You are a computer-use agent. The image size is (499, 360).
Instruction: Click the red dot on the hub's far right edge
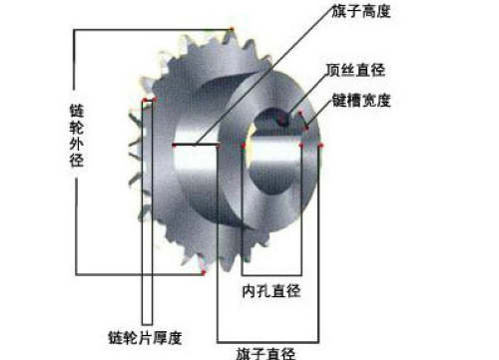pyautogui.click(x=321, y=146)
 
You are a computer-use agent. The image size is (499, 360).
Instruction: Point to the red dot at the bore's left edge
pyautogui.click(x=244, y=146)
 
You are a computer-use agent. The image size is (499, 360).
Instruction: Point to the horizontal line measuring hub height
pyautogui.click(x=196, y=146)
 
